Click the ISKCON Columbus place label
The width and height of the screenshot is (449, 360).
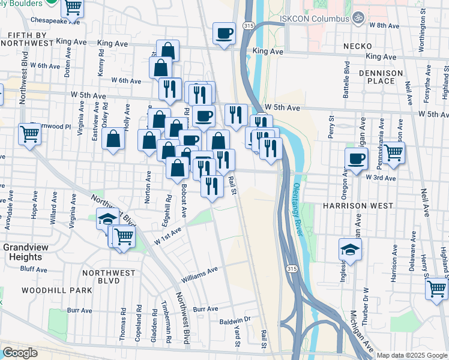click(318, 19)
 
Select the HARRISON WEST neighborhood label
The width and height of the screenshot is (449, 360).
click(357, 206)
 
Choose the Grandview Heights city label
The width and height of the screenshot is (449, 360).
click(22, 252)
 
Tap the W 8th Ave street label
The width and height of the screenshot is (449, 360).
click(384, 26)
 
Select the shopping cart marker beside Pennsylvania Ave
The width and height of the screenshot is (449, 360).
click(394, 153)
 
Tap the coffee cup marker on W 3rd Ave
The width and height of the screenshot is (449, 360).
click(357, 159)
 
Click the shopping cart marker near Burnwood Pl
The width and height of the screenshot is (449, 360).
click(29, 134)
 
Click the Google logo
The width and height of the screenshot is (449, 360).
click(20, 353)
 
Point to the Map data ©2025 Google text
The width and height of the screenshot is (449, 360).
click(412, 355)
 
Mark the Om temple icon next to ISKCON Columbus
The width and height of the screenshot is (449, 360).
click(359, 17)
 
